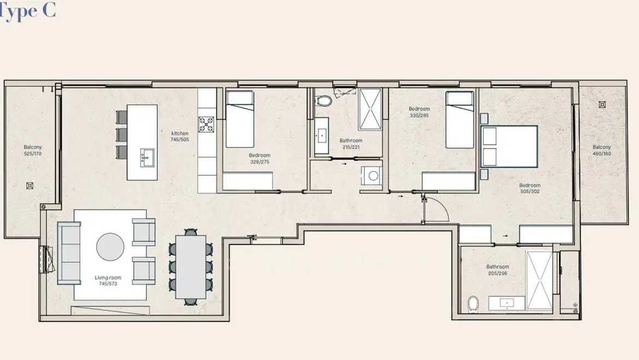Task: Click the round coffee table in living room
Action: [110, 247]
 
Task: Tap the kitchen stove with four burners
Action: [206, 125]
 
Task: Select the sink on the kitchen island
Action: [147, 157]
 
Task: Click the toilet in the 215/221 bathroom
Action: [323, 101]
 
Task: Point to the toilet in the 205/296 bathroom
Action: [473, 304]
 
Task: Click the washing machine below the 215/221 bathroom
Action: [372, 176]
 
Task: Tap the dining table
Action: [191, 267]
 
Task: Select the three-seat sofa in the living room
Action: [69, 253]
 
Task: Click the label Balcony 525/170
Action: [33, 150]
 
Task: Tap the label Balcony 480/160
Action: [601, 150]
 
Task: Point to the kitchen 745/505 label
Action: [180, 137]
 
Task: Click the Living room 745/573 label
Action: [108, 280]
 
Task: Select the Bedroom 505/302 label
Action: [530, 188]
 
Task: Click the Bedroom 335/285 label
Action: [419, 112]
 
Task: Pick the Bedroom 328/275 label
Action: [259, 158]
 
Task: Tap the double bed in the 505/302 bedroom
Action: [509, 147]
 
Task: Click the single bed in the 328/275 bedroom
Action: [240, 119]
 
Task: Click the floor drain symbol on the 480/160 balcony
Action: [602, 105]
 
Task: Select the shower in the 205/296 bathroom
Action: [539, 280]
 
